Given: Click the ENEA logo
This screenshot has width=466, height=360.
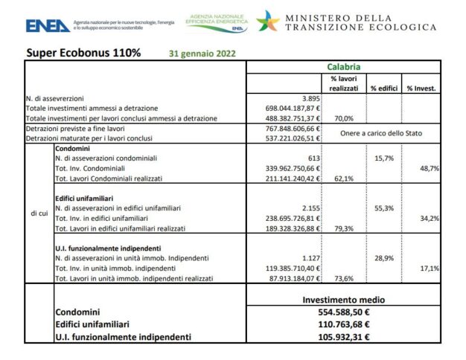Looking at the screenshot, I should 48,25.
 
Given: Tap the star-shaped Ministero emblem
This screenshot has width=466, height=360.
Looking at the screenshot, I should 268,22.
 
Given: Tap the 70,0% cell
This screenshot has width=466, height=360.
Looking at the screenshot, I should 342,118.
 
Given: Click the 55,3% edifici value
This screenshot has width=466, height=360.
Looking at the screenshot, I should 383,208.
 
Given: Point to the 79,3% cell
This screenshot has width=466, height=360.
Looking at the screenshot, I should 342,228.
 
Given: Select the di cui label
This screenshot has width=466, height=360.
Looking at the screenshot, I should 39,214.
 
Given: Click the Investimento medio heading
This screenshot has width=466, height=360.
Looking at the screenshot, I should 343,300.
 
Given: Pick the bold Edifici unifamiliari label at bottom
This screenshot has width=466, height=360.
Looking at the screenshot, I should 100,324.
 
